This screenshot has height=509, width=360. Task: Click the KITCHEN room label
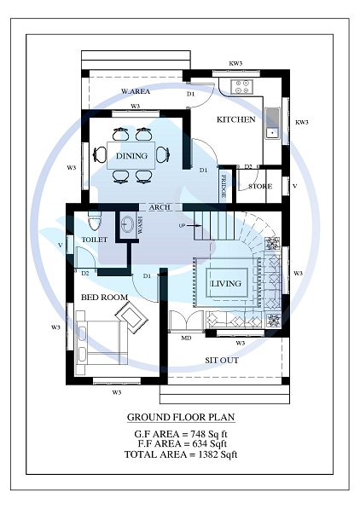point(235,119)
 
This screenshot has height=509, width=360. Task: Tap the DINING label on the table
point(131,156)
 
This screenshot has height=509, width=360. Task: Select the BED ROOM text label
point(104,297)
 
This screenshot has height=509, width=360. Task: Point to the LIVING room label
point(226,283)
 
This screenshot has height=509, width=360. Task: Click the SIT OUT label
point(221,360)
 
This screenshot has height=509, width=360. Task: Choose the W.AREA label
point(135,91)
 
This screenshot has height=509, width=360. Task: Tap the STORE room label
point(259,186)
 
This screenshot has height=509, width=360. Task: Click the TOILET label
point(94,240)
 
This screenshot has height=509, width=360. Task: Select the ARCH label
point(160,207)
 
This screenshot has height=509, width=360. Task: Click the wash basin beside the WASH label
point(128,225)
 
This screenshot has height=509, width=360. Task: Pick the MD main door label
point(185,338)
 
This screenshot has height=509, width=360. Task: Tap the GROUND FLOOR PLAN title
point(180,418)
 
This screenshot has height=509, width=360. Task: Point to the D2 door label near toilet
point(84,273)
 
